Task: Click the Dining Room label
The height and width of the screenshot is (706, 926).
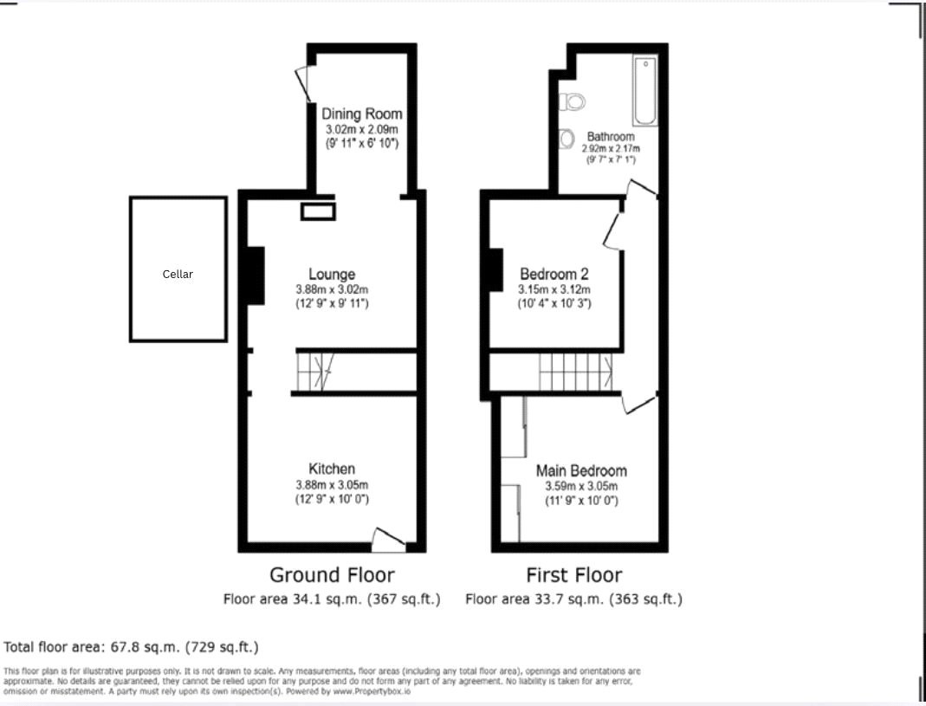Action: [362, 113]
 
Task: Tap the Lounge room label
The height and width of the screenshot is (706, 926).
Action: [332, 275]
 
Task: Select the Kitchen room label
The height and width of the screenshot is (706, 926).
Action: [332, 470]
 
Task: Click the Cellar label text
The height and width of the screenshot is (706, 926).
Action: [178, 274]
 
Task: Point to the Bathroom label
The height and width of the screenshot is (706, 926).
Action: [611, 137]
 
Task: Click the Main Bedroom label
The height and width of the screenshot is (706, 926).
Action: [581, 471]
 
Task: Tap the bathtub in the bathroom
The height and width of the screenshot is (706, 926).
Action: [645, 91]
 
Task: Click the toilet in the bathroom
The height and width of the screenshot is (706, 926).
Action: [573, 102]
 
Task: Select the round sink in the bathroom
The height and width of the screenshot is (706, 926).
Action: [567, 138]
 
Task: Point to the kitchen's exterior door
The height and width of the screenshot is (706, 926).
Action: [387, 541]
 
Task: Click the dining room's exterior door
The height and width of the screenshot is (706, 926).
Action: [303, 84]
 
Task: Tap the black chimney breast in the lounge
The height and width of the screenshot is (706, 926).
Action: [255, 275]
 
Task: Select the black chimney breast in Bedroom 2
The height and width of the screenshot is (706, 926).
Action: [496, 270]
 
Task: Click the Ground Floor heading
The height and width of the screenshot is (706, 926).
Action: [332, 575]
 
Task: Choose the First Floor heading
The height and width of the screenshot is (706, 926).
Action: [573, 575]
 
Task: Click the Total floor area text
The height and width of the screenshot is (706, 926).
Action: [131, 647]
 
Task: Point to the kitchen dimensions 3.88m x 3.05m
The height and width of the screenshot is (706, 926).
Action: [332, 485]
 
